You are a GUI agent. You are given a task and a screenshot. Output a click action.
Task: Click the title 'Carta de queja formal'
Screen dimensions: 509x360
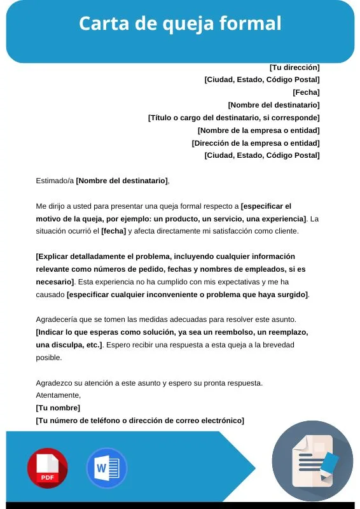[180, 24]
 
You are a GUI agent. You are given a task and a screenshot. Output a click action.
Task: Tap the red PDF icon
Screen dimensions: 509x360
[47, 468]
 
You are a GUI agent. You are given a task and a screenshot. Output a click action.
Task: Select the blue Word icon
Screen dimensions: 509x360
[106, 468]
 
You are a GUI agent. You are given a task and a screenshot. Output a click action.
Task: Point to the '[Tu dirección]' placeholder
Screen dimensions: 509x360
[294, 67]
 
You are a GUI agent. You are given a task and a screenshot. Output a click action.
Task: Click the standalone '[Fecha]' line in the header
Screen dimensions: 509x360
[306, 92]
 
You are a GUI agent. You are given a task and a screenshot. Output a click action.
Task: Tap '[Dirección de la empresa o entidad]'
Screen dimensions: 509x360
[256, 143]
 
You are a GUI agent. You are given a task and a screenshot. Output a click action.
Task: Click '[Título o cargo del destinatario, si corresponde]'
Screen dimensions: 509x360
[233, 118]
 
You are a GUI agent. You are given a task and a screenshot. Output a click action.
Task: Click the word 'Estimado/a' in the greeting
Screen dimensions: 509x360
[55, 181]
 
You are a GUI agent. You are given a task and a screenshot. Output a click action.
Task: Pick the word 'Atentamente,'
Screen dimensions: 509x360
[58, 395]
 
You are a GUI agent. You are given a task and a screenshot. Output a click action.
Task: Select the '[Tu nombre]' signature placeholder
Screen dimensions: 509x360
[58, 408]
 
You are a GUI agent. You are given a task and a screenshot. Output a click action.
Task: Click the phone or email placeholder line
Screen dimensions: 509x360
[140, 421]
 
